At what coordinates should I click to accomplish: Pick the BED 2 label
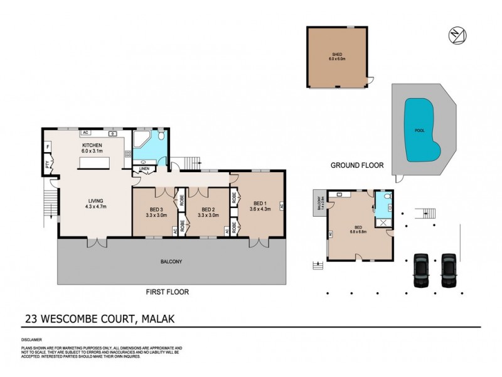pyautogui.click(x=207, y=209)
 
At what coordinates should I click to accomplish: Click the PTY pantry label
pyautogui.click(x=47, y=165)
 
